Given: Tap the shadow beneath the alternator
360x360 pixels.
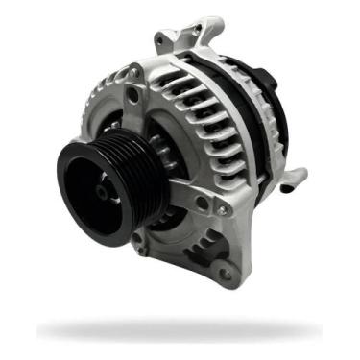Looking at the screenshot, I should point(182,331).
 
